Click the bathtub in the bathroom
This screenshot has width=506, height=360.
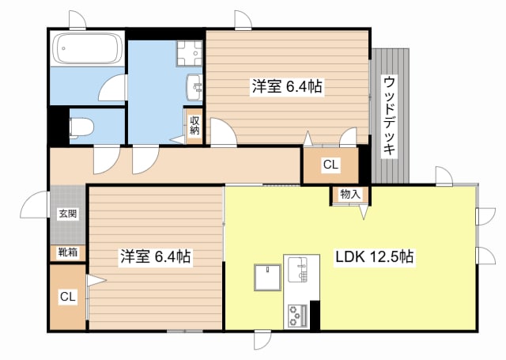tap(87, 48)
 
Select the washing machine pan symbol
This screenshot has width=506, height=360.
tap(190, 53)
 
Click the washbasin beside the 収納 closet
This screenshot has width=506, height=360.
tap(194, 87)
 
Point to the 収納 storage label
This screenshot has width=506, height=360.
tap(194, 126)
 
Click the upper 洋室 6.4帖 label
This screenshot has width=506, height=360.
tap(287, 86)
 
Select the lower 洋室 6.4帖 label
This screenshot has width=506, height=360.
tap(155, 256)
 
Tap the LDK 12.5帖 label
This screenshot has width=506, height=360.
tap(374, 257)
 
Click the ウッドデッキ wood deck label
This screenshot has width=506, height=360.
tap(390, 116)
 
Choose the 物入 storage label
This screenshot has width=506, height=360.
tap(350, 195)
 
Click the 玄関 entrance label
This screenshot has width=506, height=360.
tap(68, 214)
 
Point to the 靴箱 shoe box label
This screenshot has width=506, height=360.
tap(68, 252)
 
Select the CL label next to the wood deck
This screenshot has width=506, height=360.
tap(330, 165)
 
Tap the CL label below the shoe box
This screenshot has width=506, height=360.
tap(67, 297)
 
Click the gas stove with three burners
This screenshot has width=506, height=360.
tap(297, 315)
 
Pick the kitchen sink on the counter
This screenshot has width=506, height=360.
tap(297, 270)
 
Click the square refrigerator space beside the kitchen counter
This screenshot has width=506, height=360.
tap(267, 278)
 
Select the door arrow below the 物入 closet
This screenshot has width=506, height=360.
tap(364, 211)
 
